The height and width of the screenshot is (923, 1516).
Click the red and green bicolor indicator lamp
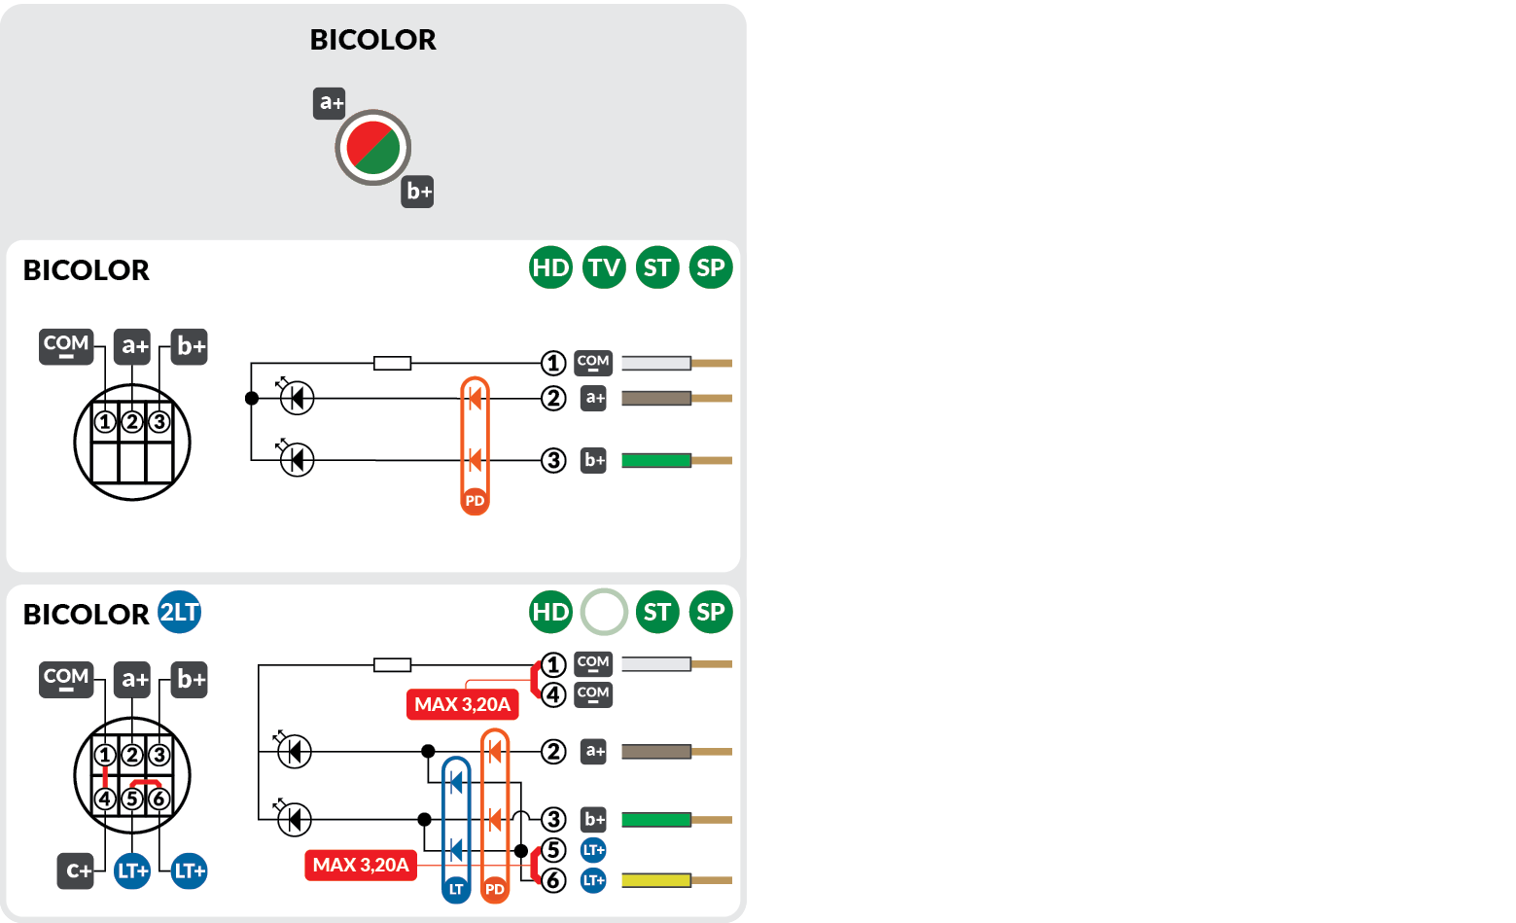tap(372, 148)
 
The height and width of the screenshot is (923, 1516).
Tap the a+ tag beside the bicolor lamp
tap(330, 103)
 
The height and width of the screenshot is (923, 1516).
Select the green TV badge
tap(604, 267)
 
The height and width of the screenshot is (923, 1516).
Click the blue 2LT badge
tap(179, 612)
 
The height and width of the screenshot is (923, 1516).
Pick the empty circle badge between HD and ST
tap(604, 612)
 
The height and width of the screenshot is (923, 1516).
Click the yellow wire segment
tap(655, 880)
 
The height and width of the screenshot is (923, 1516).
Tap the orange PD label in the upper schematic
tap(475, 501)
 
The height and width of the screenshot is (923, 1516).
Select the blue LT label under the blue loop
tap(455, 889)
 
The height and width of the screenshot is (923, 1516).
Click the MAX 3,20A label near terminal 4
tap(462, 704)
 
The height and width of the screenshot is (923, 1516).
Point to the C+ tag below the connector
tap(76, 870)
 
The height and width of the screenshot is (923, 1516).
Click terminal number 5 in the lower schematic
tap(553, 850)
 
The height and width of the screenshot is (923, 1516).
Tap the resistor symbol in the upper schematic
tap(393, 364)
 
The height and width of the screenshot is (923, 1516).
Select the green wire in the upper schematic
tap(655, 460)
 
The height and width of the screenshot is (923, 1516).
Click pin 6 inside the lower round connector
tap(159, 799)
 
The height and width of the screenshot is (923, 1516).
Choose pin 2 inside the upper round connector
tap(132, 422)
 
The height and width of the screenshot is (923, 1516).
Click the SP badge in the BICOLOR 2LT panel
tap(711, 612)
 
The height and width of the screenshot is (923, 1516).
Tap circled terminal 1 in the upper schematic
tap(553, 364)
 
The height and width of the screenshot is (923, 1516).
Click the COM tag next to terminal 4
tap(593, 694)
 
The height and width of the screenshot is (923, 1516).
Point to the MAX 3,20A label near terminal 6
tap(361, 865)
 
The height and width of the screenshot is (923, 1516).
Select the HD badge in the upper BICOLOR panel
tap(550, 267)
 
